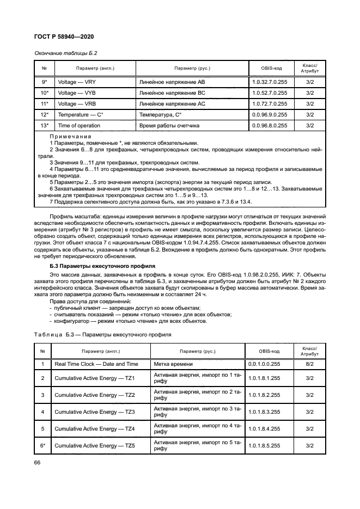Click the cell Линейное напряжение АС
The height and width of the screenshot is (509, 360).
pyautogui.click(x=172, y=103)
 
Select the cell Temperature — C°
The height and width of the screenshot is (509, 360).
pyautogui.click(x=81, y=114)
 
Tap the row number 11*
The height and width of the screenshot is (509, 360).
pyautogui.click(x=45, y=103)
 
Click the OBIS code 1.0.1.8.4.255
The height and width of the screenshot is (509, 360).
pyautogui.click(x=264, y=428)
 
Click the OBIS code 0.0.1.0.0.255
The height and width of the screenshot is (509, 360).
pyautogui.click(x=264, y=364)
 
